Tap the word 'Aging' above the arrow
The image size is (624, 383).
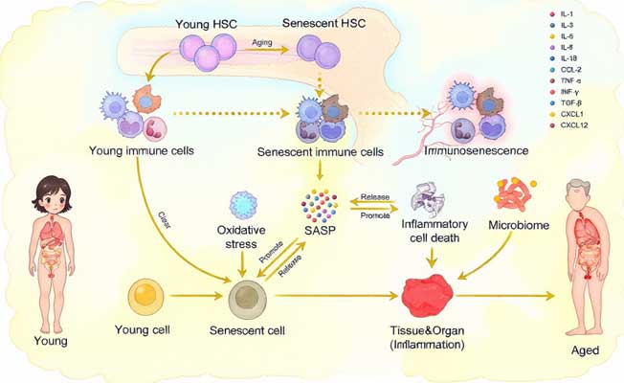tap(265, 43)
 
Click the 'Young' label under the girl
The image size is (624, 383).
tap(49, 339)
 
